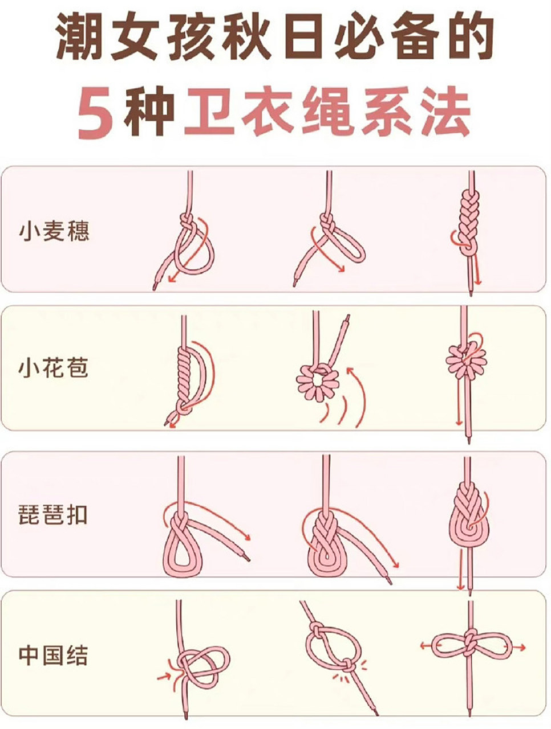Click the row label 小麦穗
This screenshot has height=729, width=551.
point(54,232)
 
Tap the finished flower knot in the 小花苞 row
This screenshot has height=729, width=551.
point(466,360)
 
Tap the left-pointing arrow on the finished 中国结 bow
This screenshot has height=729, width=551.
point(425,646)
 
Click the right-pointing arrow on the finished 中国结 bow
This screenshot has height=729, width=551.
point(519,647)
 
